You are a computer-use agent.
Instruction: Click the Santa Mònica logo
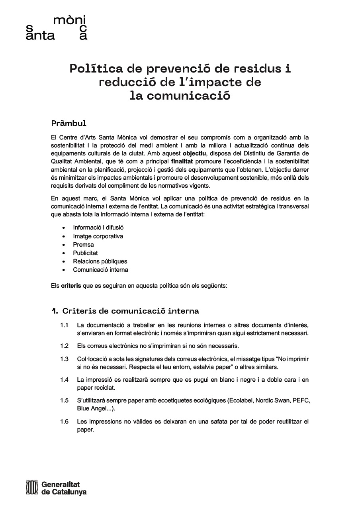[56, 28]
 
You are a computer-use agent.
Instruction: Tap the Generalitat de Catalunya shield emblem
[31, 488]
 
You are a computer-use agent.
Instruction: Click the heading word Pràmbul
[69, 123]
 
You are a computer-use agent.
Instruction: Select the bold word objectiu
[195, 154]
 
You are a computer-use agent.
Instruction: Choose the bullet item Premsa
[83, 245]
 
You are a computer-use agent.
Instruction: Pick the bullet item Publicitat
[85, 253]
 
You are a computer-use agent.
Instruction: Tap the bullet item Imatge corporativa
[98, 236]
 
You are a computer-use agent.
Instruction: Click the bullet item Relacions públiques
[100, 261]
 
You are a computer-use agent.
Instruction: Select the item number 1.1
[65, 325]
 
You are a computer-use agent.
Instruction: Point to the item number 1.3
[65, 359]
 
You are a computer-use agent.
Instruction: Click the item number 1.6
[65, 422]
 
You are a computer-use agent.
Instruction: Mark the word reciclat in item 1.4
[104, 388]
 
